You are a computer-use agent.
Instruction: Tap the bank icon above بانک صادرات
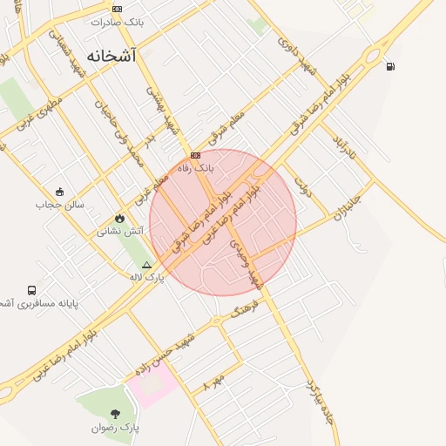[117, 9]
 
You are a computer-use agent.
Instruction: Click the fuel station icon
[389, 65]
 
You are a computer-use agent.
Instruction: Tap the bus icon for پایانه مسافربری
[32, 290]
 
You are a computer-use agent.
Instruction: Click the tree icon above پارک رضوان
[115, 414]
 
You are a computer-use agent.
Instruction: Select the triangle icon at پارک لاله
[146, 264]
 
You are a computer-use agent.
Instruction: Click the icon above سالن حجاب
[59, 192]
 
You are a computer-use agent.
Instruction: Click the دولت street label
[302, 185]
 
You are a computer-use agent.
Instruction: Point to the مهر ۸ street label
[213, 381]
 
